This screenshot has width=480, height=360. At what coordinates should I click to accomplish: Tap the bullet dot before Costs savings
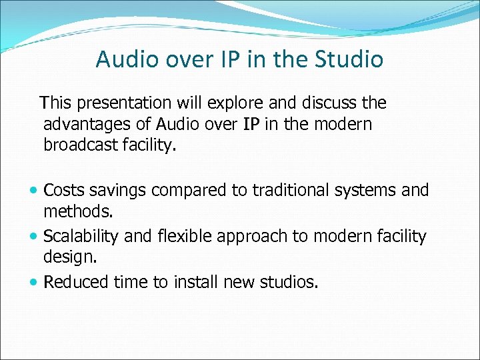(x=35, y=191)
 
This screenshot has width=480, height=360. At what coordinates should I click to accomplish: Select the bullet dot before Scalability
(x=35, y=237)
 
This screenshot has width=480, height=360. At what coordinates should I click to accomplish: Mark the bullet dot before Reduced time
(x=35, y=283)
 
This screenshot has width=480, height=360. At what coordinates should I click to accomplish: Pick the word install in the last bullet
(x=196, y=283)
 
